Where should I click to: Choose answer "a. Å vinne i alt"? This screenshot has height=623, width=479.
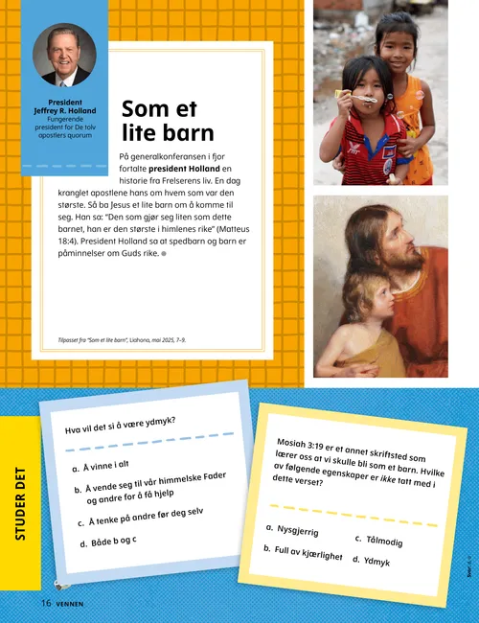101,466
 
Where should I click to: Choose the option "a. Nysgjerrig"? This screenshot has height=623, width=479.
292,529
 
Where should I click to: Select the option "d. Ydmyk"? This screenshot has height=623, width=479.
371,561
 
